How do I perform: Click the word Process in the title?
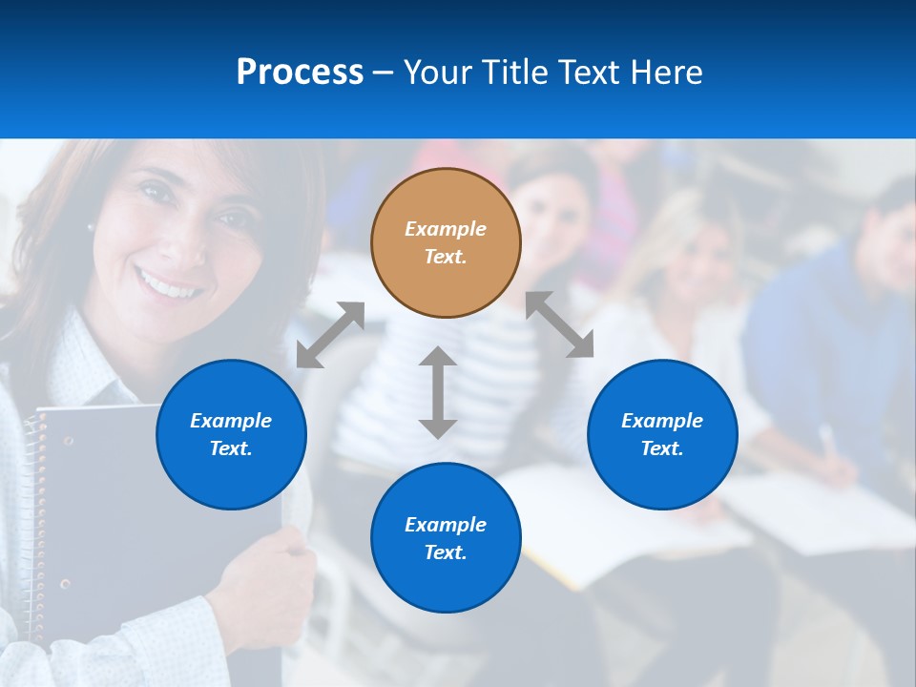tap(300, 73)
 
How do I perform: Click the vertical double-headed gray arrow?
tap(438, 392)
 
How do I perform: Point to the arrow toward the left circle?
tap(330, 335)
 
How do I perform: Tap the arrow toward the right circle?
tap(560, 325)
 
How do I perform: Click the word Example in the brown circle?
tap(446, 229)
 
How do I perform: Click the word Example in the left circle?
tap(231, 421)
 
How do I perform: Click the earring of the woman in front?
tap(91, 228)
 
